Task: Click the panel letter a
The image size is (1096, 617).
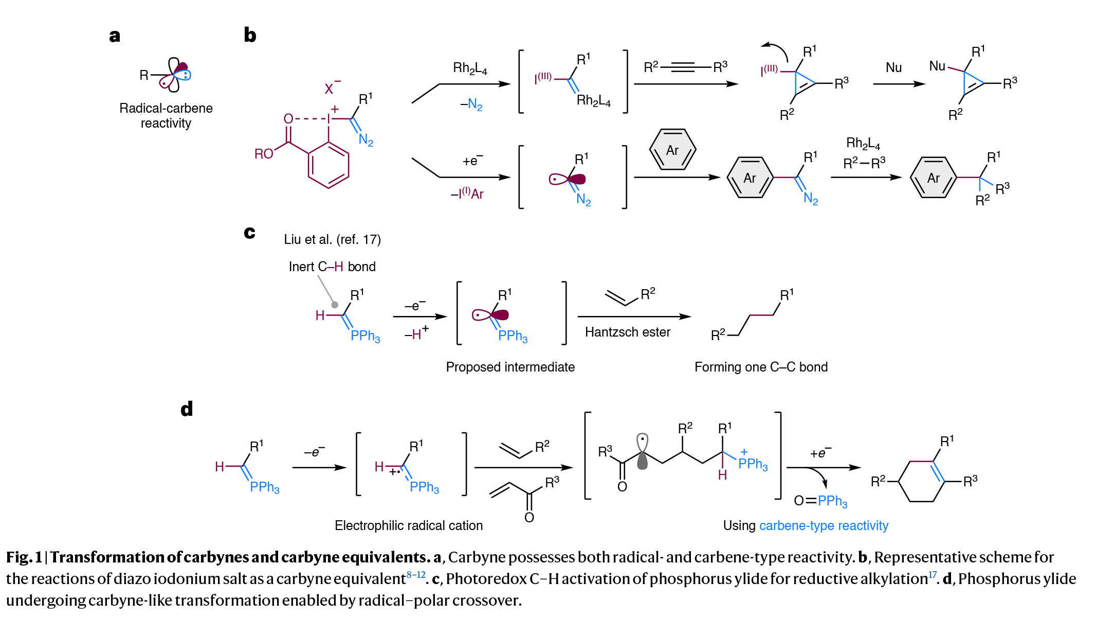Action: (115, 36)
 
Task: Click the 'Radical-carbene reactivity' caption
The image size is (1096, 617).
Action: (166, 116)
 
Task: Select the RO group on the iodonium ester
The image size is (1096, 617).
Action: (264, 154)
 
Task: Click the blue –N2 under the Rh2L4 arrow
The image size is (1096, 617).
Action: (471, 105)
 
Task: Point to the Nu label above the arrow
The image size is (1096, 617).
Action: (893, 67)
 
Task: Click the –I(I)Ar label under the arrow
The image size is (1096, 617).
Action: (467, 194)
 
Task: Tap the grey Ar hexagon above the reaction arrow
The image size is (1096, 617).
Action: (672, 150)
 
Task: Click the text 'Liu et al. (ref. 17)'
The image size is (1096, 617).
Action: (332, 239)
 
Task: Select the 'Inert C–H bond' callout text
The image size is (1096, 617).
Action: (332, 267)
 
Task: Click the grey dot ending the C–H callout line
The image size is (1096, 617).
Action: (335, 305)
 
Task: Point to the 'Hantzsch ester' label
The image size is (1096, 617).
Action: (627, 332)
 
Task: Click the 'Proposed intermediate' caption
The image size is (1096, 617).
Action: (510, 367)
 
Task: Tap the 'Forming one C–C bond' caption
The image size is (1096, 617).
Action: (761, 367)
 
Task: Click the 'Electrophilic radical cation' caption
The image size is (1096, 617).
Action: (409, 525)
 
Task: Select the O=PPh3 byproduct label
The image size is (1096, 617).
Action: (820, 501)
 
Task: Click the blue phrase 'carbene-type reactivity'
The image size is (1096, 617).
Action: (824, 525)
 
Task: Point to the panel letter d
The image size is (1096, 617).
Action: (187, 409)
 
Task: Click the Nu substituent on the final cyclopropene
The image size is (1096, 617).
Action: (937, 66)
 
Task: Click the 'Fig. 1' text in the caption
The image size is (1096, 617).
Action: (24, 557)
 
